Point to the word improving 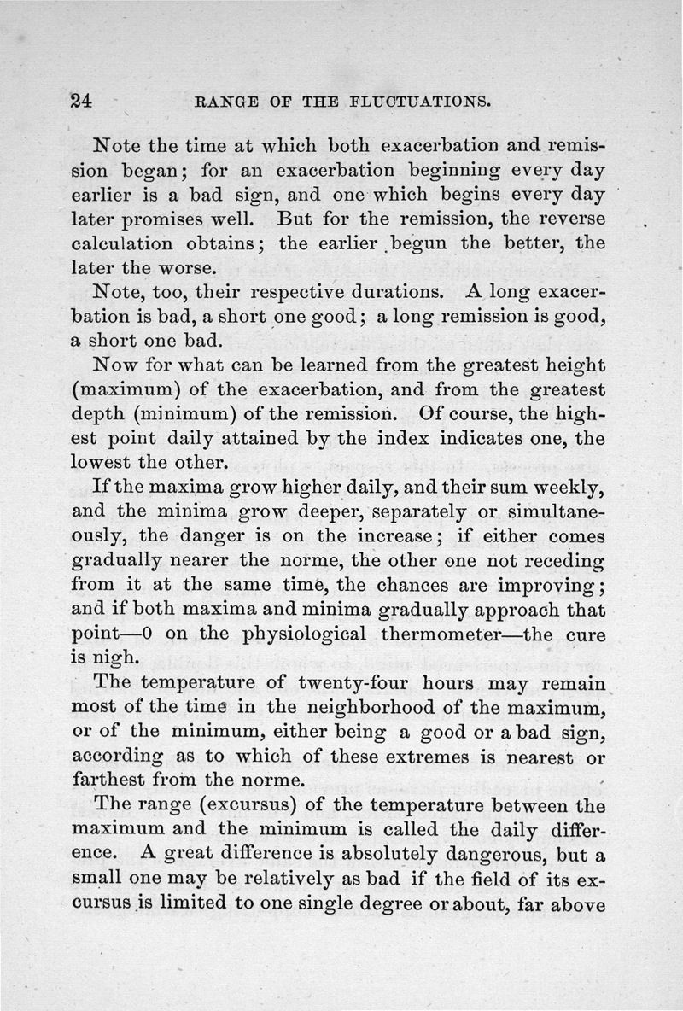551,587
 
